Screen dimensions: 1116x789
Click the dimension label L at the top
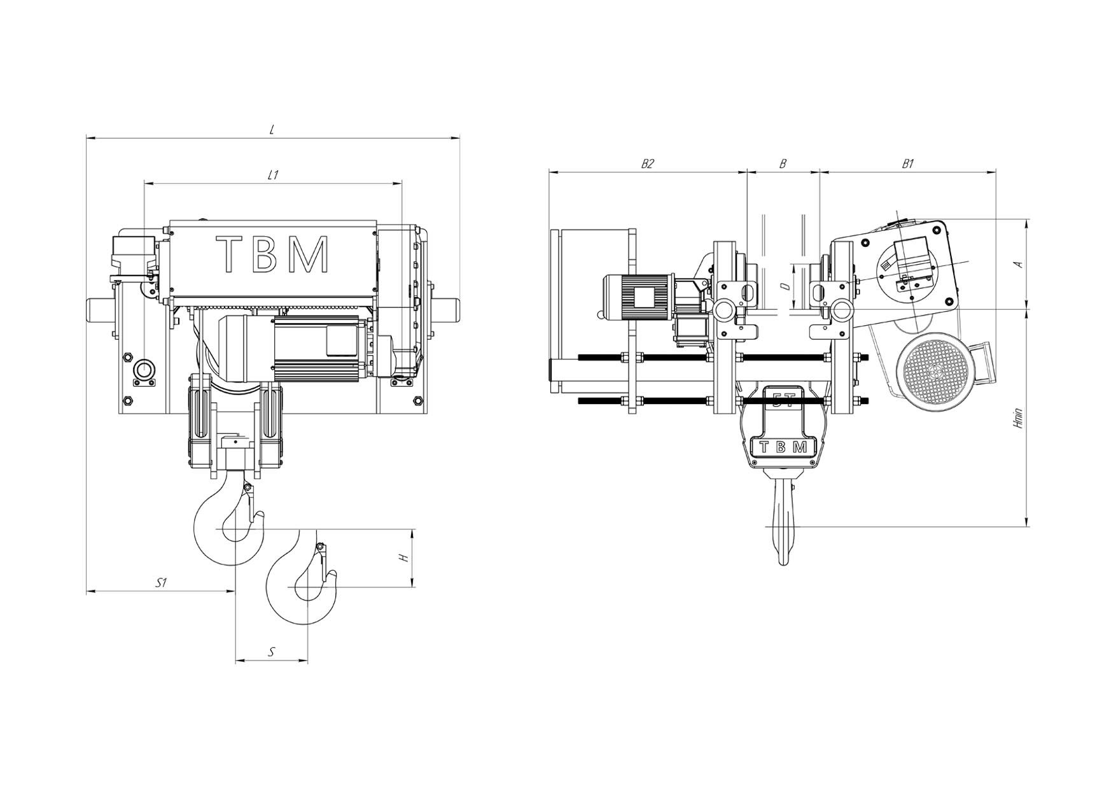(x=272, y=129)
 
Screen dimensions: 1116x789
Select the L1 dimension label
(x=273, y=175)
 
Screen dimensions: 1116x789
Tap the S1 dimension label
(x=162, y=583)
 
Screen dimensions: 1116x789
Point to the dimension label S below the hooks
(x=272, y=652)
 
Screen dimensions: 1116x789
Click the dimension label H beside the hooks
(x=403, y=557)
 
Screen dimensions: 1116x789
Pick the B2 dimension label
(x=647, y=164)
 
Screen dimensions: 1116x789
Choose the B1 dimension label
(x=908, y=164)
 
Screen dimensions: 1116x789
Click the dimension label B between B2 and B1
(x=783, y=164)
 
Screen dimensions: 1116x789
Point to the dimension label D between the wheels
(x=786, y=287)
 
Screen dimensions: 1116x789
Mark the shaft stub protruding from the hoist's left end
(x=101, y=311)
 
